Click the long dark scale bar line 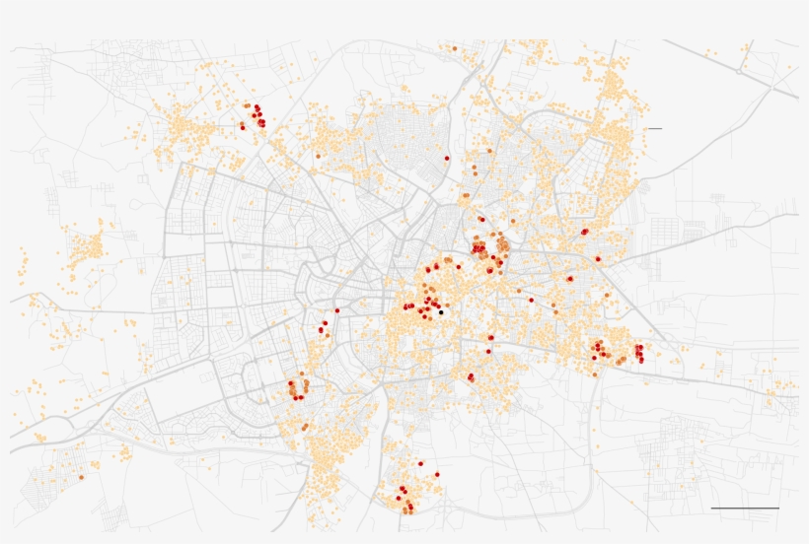click(745, 509)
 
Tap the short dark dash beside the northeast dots click(655, 129)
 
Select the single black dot click(442, 311)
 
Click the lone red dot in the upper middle click(447, 158)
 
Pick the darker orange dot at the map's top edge click(454, 47)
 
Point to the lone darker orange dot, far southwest click(82, 477)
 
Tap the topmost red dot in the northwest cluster click(257, 106)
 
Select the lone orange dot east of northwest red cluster click(318, 155)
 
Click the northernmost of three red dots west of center click(336, 310)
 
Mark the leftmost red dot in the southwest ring click(290, 383)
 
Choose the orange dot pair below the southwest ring click(305, 427)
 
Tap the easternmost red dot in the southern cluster click(437, 474)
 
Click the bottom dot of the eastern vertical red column click(640, 360)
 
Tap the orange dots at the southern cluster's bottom click(407, 510)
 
